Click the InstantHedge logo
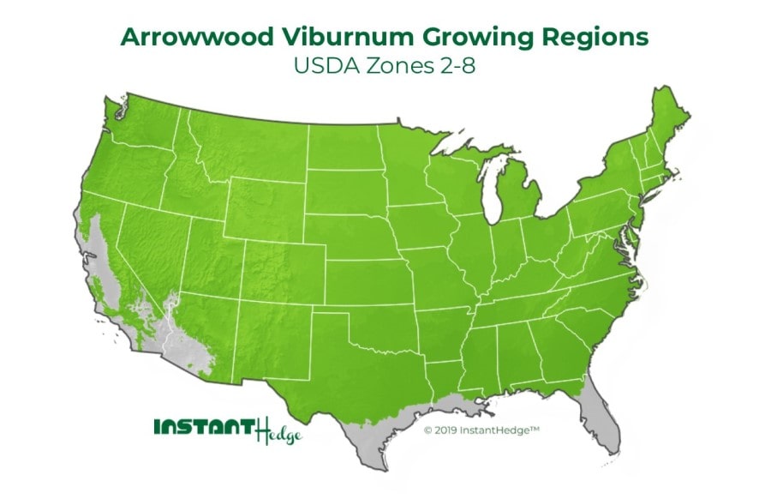click(228, 429)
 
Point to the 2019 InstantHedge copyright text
click(480, 430)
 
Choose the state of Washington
click(145, 137)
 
